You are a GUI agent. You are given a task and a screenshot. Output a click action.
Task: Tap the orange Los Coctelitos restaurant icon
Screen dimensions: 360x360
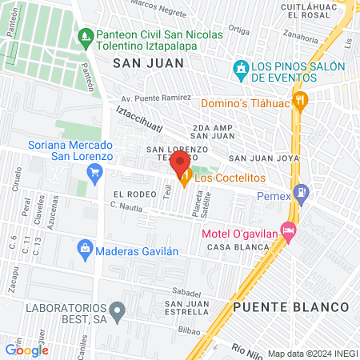186,180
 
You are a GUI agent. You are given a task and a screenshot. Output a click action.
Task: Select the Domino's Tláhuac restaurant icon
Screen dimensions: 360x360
301,100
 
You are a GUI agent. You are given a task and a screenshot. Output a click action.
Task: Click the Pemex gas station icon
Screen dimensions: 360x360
301,192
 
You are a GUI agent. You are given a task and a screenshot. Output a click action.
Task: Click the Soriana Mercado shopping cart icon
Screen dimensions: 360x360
96,170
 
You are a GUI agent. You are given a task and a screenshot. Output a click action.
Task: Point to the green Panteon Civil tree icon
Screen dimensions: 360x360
86,35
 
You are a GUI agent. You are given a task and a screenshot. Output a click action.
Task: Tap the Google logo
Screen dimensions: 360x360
26,350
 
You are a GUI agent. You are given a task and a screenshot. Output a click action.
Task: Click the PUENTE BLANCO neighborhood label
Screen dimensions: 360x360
291,307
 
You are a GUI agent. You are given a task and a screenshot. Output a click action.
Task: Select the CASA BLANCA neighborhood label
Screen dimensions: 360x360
231,247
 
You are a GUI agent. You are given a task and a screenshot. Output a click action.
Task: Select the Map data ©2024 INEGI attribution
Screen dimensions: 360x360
312,354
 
